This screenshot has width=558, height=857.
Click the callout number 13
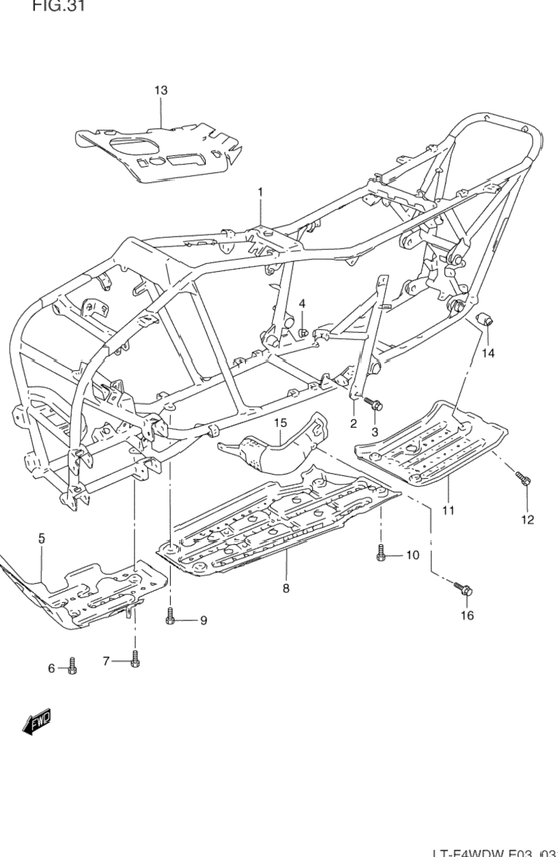161,90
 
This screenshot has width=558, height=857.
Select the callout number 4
302,303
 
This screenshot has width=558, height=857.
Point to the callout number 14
488,353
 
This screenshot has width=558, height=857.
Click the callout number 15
280,423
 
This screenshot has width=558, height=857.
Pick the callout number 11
448,510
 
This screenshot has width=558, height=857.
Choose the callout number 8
286,589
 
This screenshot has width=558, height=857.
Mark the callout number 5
41,538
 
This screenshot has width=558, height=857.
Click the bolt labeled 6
72,667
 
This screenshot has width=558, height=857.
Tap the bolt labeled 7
135,660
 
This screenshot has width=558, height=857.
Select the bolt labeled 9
170,619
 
